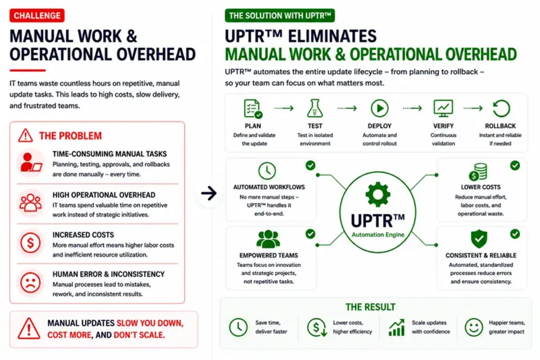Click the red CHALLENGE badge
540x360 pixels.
37,15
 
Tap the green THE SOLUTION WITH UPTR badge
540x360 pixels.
280,15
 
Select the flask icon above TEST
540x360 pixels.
315,108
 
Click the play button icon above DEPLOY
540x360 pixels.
379,108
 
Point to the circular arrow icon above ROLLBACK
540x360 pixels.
501,108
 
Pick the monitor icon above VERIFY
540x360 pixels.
443,108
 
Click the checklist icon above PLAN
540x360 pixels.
253,109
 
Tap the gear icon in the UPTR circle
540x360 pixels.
378,194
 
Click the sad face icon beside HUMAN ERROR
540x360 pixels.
30,282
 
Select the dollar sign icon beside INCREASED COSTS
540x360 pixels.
30,243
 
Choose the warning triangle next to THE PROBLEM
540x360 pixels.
25,135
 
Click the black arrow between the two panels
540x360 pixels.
209,193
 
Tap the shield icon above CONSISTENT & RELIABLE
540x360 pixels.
479,239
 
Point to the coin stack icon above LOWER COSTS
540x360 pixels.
478,172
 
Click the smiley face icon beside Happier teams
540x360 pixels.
474,327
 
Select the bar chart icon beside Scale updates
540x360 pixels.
397,327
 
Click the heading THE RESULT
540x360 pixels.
370,307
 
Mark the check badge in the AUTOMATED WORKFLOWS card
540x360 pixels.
310,165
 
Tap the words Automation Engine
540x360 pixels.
378,235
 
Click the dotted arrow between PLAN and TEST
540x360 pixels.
284,108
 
